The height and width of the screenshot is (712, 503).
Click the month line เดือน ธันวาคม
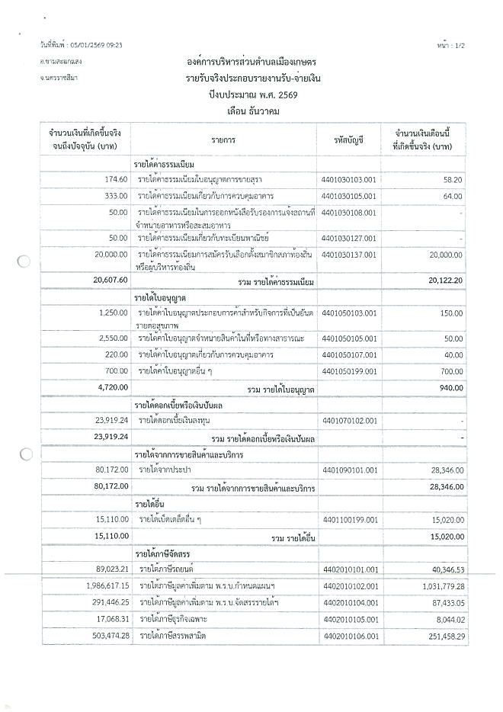coord(251,110)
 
